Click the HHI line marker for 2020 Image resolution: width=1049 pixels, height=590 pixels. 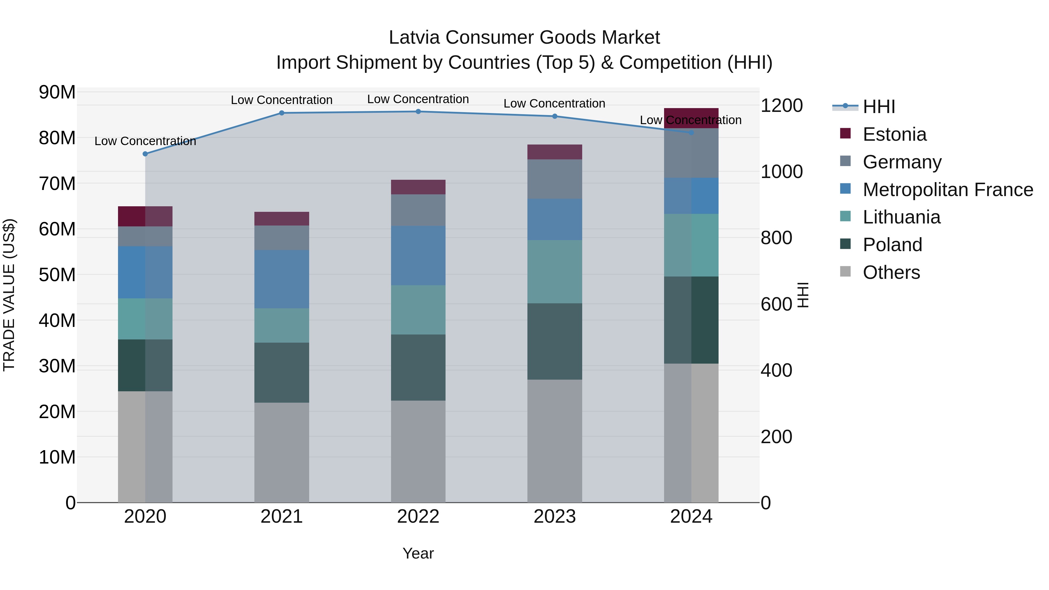pos(145,154)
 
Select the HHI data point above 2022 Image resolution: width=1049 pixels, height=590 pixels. pos(418,112)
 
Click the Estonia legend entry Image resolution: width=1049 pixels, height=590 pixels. pos(894,134)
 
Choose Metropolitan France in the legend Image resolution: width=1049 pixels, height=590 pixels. pos(947,190)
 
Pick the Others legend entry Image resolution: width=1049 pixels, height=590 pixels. pos(891,272)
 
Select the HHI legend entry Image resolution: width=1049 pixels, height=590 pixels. pos(879,107)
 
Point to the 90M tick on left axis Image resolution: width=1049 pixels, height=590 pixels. pos(57,92)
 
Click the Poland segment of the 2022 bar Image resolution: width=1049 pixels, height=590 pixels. pos(418,367)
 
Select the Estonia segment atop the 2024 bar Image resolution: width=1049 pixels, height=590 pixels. pos(691,118)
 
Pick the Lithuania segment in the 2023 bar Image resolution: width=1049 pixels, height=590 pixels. pos(555,272)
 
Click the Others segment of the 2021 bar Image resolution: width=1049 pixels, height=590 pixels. pos(281,452)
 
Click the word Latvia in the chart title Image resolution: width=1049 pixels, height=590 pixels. pos(414,38)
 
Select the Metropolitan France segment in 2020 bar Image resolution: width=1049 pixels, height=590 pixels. pos(145,272)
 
